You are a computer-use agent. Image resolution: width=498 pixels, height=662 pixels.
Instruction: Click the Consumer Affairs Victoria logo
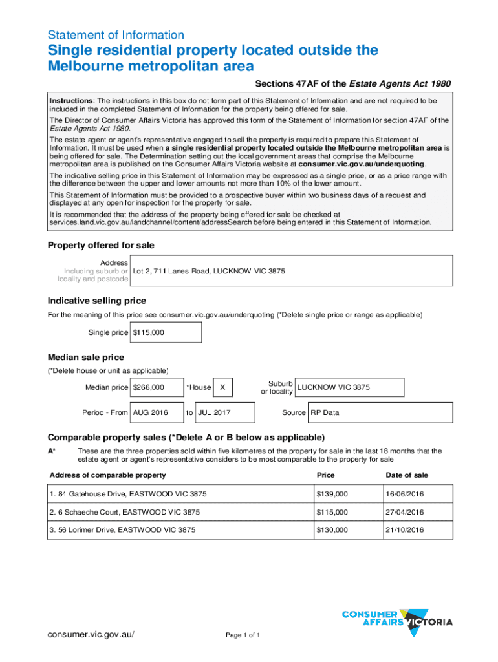point(396,618)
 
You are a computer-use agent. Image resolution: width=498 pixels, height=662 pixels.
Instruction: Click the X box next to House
point(222,387)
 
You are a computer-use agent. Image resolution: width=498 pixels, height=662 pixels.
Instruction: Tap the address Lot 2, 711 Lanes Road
point(209,271)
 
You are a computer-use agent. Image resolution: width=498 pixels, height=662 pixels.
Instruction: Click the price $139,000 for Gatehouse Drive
point(332,494)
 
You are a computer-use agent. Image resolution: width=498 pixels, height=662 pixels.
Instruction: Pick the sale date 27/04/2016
point(405,512)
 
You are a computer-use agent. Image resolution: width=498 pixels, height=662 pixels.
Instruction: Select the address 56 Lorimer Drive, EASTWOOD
point(122,530)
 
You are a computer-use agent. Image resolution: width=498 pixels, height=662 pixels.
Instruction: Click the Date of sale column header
point(407,475)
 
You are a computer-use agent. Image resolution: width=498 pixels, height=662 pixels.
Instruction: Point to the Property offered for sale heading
point(101,246)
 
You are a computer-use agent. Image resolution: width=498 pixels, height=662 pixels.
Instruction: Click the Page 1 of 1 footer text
point(243,635)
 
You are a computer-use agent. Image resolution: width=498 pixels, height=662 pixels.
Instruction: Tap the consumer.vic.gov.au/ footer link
point(91,634)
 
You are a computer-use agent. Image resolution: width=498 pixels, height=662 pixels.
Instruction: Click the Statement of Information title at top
point(116,35)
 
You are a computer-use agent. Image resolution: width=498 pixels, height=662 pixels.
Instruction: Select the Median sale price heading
point(86,358)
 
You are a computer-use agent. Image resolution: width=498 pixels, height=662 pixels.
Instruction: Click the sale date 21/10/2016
point(405,530)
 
